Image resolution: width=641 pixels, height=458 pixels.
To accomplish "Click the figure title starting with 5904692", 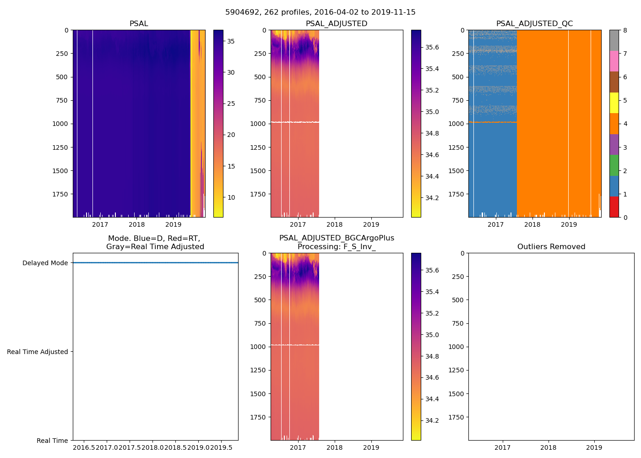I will pos(320,12).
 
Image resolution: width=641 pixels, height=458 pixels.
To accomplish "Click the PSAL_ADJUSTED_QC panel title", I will pos(534,24).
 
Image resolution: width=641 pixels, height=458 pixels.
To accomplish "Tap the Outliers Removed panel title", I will pos(551,247).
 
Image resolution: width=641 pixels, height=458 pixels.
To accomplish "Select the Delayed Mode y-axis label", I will pos(45,263).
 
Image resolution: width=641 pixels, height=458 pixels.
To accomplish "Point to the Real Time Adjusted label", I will pos(37,352).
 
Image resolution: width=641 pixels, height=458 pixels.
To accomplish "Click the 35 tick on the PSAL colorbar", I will pos(231,41).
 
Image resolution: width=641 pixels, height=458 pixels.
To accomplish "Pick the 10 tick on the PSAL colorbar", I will pos(231,197).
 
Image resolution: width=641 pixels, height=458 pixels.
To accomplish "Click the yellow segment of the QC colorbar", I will pos(614,103).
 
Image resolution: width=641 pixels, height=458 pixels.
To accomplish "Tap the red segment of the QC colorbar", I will pos(614,207).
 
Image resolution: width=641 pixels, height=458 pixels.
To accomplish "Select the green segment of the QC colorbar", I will pos(614,165).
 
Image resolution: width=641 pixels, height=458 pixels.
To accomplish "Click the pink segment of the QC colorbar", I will pos(614,61).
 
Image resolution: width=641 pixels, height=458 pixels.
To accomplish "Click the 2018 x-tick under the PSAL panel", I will pos(136,224).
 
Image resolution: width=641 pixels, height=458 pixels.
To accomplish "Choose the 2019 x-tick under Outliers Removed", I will pos(594,447).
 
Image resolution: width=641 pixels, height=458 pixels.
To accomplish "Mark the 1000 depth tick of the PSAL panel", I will pos(60,124).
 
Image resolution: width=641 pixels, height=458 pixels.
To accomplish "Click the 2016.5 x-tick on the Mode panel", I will pos(84,447).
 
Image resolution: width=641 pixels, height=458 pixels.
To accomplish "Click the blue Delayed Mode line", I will pos(155,263).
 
